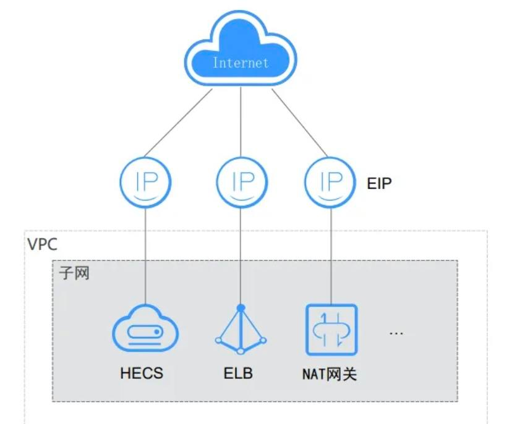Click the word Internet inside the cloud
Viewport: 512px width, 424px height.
[241, 63]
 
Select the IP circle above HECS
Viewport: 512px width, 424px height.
[145, 183]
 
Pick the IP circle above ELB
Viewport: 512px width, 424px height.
[241, 183]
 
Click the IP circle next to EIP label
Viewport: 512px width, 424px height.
[330, 183]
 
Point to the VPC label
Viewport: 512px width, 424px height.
[42, 244]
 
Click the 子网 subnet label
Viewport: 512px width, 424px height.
[74, 273]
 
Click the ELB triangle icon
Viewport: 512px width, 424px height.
[241, 330]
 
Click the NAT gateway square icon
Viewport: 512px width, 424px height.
[332, 330]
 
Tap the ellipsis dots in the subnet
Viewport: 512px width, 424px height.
[396, 333]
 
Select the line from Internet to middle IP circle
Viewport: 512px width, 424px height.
[241, 123]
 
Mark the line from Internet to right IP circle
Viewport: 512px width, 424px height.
[299, 122]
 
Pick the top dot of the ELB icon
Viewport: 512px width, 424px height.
[241, 307]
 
